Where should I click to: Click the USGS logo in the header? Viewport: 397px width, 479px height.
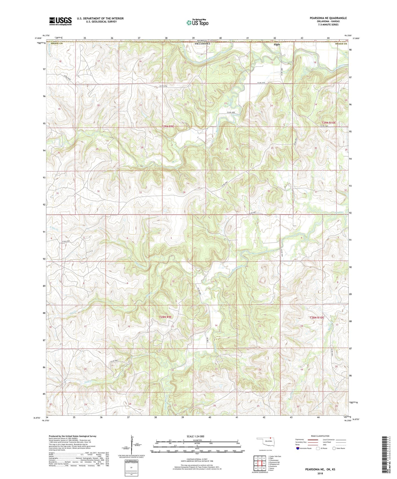(x=60, y=21)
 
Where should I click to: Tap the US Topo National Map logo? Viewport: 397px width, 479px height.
(x=197, y=22)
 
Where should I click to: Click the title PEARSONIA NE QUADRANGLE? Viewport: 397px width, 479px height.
(x=328, y=18)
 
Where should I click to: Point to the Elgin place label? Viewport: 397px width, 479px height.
(x=277, y=44)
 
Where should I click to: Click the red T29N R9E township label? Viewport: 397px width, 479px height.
(x=168, y=126)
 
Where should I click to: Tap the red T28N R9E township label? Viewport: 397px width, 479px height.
(x=165, y=317)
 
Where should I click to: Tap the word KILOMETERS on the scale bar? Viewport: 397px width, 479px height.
(x=197, y=440)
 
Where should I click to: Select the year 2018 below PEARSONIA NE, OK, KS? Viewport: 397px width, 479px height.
(x=320, y=473)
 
